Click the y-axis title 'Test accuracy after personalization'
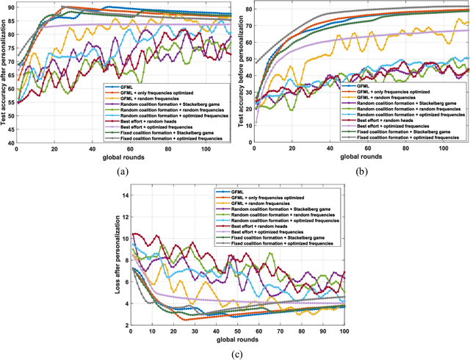click(4, 73)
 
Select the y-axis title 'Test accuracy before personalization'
click(239, 73)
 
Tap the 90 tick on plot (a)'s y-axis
click(10, 7)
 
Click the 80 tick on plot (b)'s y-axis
click(246, 9)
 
